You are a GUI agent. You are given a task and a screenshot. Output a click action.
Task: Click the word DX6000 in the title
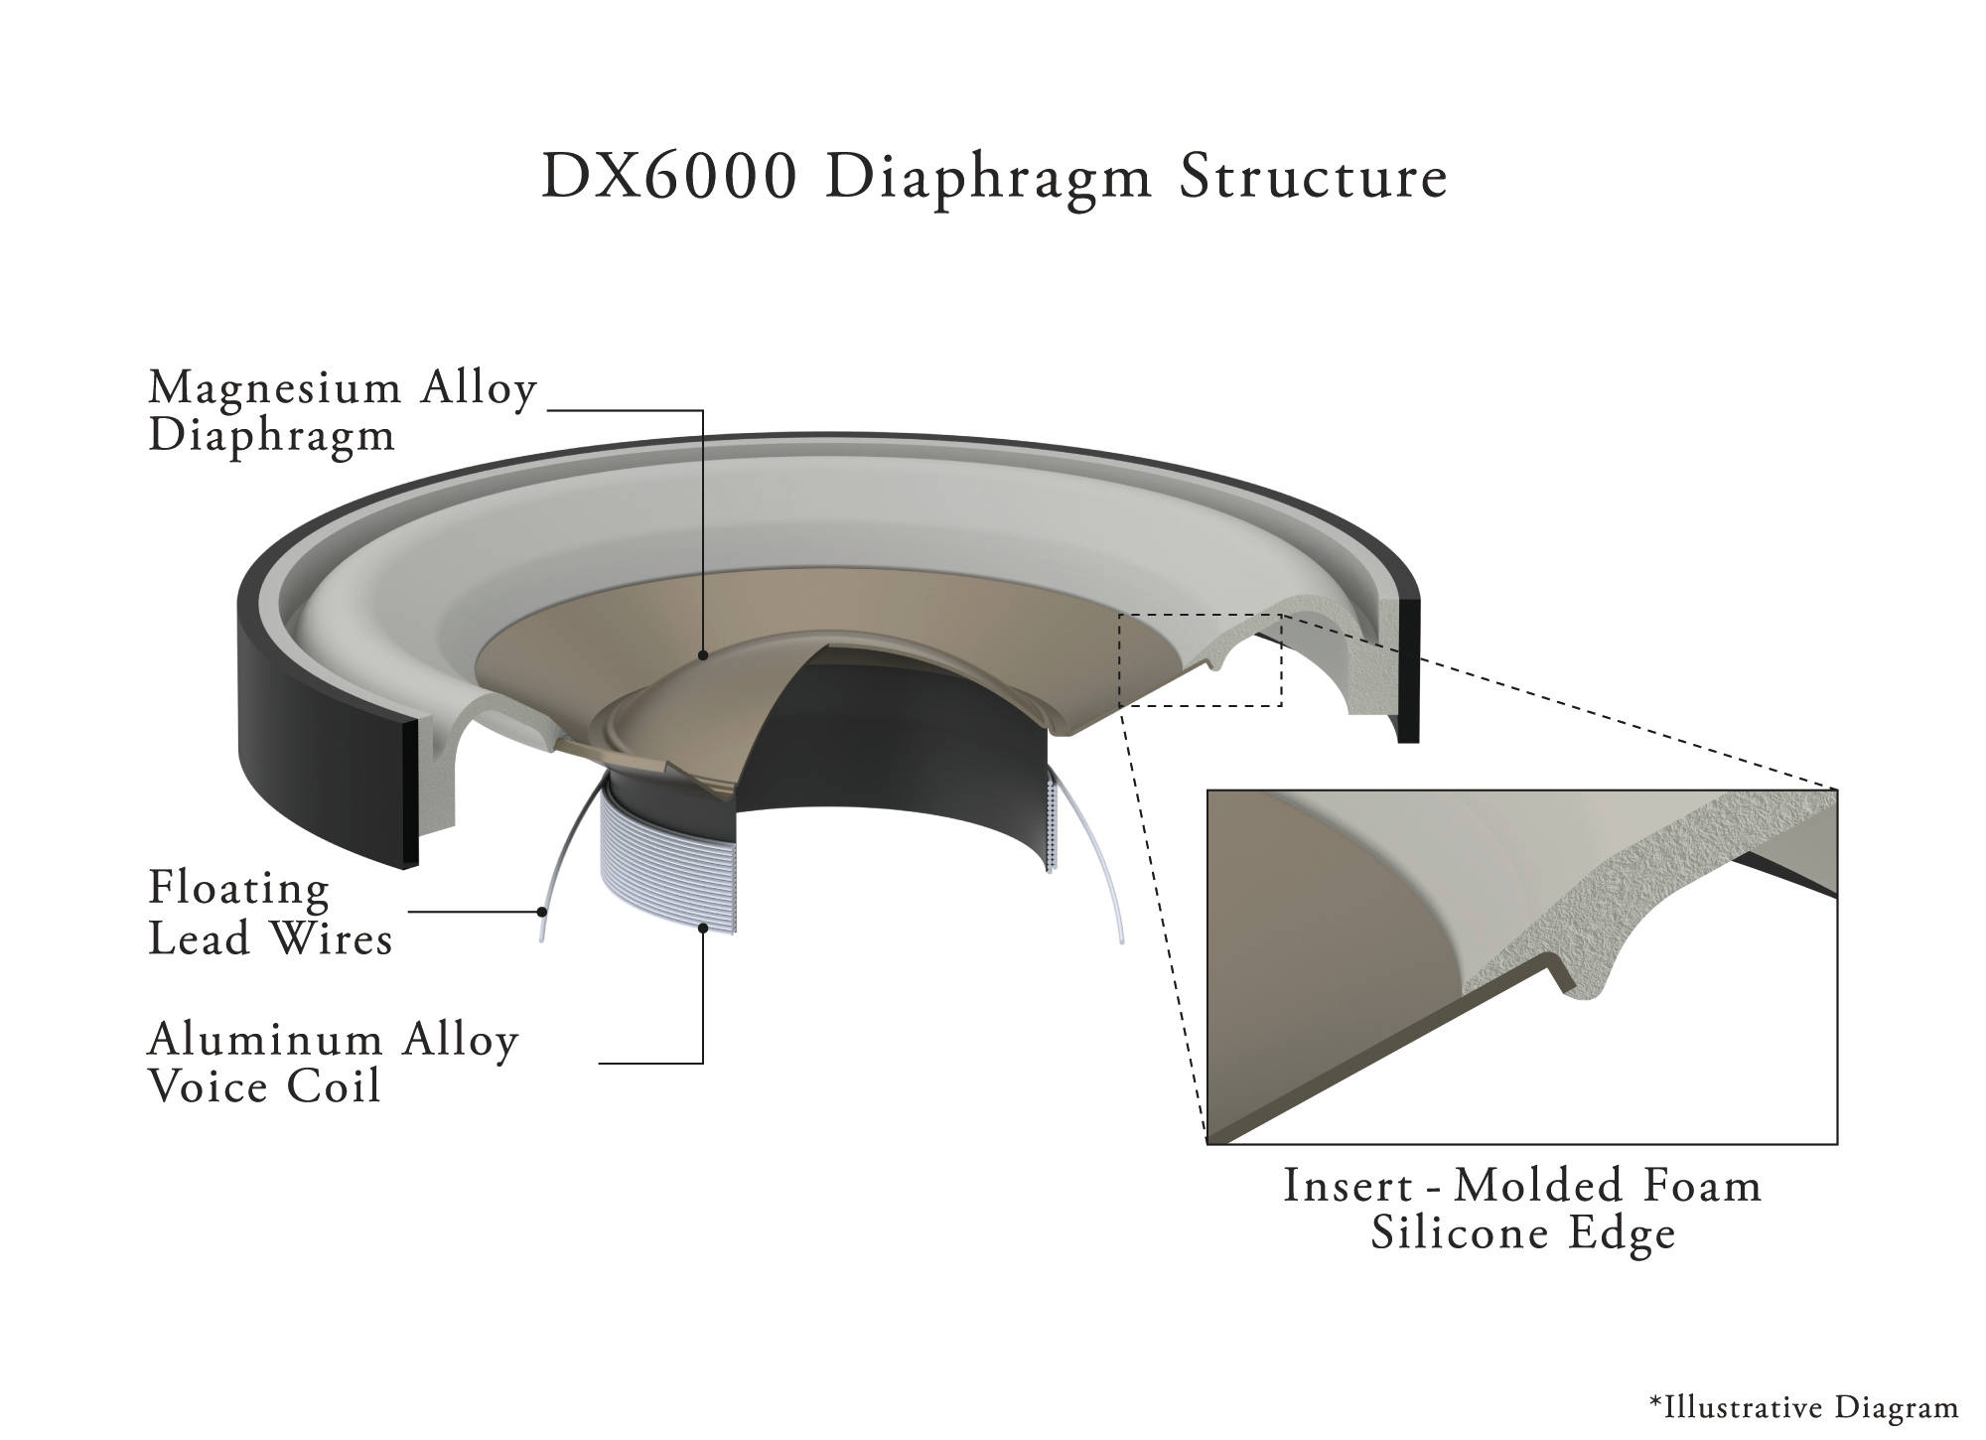click(x=670, y=178)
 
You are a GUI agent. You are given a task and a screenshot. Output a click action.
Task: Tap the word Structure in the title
click(x=1314, y=178)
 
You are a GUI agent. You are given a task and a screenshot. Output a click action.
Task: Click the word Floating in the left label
click(x=238, y=888)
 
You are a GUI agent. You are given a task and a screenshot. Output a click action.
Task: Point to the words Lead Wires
click(x=270, y=938)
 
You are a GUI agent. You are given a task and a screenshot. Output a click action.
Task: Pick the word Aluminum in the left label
click(x=265, y=1040)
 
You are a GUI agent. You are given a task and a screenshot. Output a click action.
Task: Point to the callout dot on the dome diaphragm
click(x=703, y=655)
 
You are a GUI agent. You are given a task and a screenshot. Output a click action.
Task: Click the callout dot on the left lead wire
click(x=541, y=911)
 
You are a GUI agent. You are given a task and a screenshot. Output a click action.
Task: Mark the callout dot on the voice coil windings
click(x=703, y=928)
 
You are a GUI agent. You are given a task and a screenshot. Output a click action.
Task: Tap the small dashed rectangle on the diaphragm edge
click(x=1200, y=616)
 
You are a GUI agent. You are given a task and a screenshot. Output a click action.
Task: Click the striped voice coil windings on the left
click(x=667, y=864)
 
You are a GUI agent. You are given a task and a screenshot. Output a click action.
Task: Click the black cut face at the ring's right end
click(x=1408, y=670)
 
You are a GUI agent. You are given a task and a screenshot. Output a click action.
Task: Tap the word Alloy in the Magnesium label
click(x=478, y=388)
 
